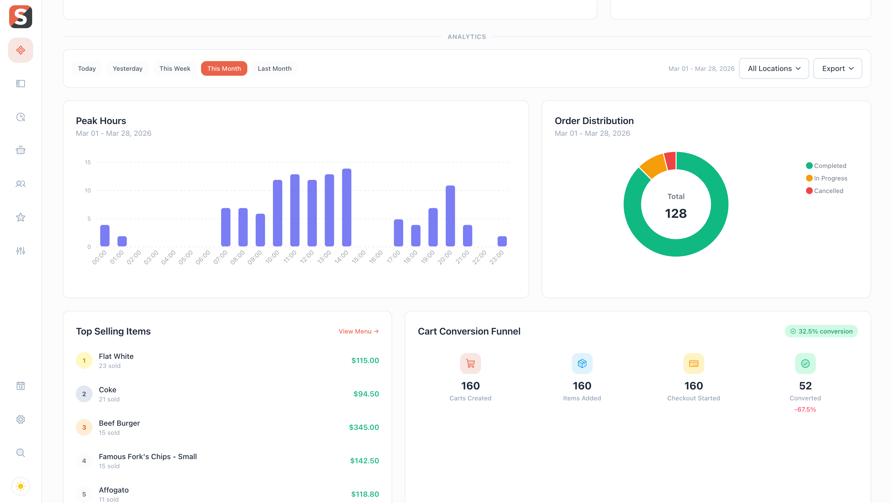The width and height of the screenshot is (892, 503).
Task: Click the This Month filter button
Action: (x=224, y=68)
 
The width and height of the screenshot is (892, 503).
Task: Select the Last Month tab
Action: (x=274, y=68)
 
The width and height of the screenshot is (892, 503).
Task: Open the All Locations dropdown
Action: (x=774, y=68)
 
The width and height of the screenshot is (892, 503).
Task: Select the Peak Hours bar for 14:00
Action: (x=346, y=208)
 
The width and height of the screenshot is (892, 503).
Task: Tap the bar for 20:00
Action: (x=450, y=216)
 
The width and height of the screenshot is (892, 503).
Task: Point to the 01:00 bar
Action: (x=122, y=241)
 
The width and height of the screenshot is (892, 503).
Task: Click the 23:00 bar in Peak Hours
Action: (x=502, y=241)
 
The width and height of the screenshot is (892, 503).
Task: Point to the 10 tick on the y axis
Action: (x=88, y=191)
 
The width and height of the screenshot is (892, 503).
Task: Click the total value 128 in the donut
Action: (x=676, y=213)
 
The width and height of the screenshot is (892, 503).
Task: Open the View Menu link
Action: (x=358, y=331)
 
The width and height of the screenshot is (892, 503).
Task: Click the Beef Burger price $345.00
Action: (x=364, y=427)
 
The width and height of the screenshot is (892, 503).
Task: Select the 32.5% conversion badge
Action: (x=821, y=331)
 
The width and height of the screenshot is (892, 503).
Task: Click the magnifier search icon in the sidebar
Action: (x=20, y=453)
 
